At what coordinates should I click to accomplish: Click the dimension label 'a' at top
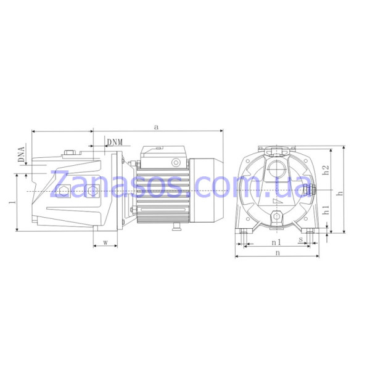point(156,127)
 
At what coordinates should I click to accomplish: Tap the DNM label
point(115,142)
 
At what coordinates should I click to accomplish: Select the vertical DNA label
point(21,154)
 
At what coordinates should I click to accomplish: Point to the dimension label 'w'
point(105,242)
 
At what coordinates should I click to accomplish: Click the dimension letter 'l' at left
point(13,202)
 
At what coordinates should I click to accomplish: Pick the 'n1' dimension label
point(276,242)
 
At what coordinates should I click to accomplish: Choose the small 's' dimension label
point(301,240)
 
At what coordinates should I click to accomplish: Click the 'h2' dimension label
point(326,170)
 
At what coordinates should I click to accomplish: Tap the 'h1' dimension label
point(326,210)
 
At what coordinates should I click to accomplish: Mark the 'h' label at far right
point(340,193)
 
